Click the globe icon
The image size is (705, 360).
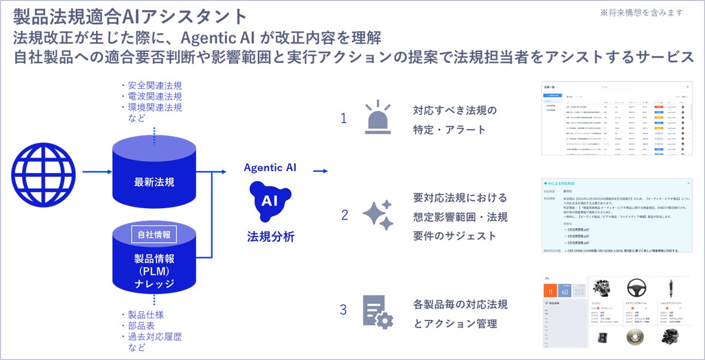tap(43, 171)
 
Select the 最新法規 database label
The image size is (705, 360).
tap(154, 183)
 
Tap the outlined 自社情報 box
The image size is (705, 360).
tap(154, 234)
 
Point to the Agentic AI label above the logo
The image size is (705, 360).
tap(270, 168)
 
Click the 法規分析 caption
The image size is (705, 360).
tap(271, 237)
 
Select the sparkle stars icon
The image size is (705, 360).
tap(378, 215)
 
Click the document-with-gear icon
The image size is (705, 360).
tap(378, 312)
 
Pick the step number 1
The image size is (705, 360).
tap(343, 118)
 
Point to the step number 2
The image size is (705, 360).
tap(344, 216)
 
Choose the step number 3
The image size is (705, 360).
tap(343, 310)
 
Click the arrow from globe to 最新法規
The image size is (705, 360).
tap(97, 171)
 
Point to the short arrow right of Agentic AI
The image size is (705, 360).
tap(320, 171)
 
